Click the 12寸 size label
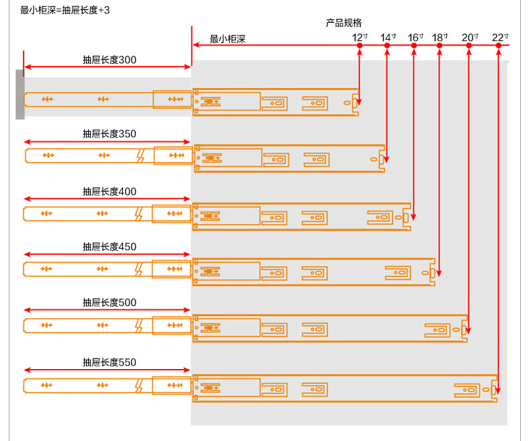click(360, 37)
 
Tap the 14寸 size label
click(388, 37)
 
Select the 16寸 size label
click(415, 37)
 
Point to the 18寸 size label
click(440, 37)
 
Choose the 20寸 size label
click(470, 37)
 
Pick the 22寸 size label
click(500, 37)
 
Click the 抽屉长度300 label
click(109, 60)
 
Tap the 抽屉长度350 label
click(109, 134)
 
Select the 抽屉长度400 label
click(109, 192)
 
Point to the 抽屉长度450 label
click(109, 247)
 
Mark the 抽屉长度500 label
click(109, 303)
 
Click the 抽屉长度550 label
click(109, 362)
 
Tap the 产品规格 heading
click(343, 23)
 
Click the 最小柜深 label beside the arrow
click(227, 40)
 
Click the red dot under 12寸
click(360, 46)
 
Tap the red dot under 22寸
click(498, 46)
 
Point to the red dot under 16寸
click(414, 46)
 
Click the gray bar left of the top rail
click(20, 94)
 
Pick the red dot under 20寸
click(468, 46)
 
